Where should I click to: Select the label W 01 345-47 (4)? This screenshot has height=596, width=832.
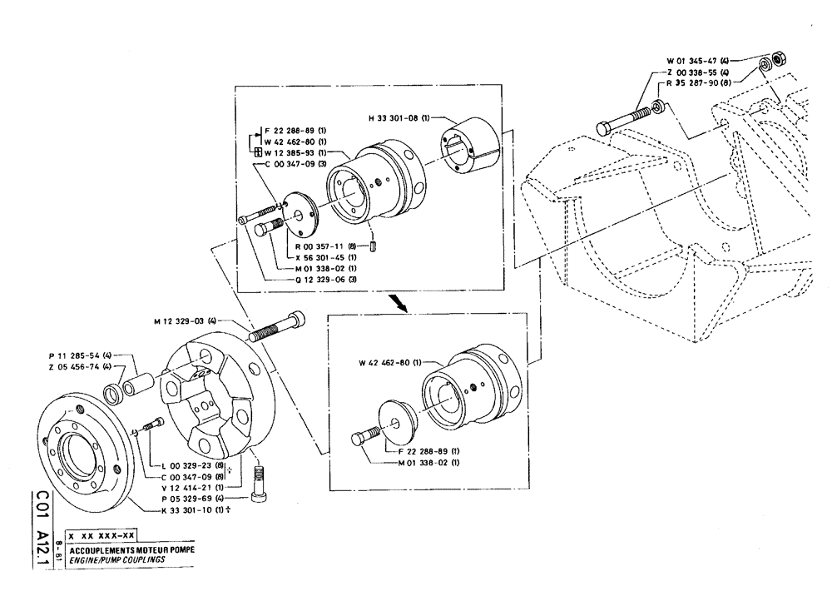click(x=697, y=61)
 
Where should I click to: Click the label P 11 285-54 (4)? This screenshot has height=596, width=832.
click(x=79, y=355)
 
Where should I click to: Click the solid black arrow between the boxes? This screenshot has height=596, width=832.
click(x=403, y=305)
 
